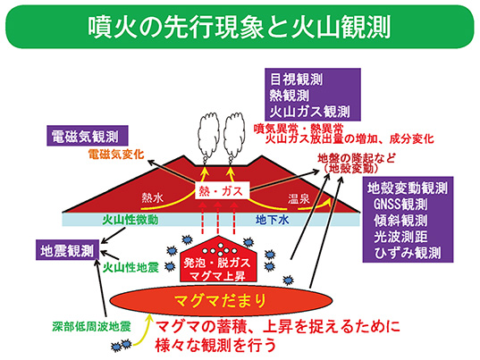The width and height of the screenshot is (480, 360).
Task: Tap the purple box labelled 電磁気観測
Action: (x=85, y=137)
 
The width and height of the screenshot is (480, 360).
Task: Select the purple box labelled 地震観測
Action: (x=66, y=249)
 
